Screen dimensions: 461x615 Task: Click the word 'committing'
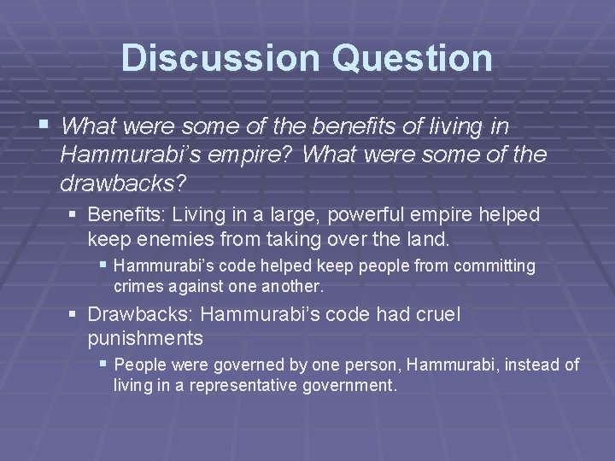pos(496,266)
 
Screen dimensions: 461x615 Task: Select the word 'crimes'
pos(138,285)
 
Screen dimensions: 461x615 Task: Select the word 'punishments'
pos(145,338)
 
